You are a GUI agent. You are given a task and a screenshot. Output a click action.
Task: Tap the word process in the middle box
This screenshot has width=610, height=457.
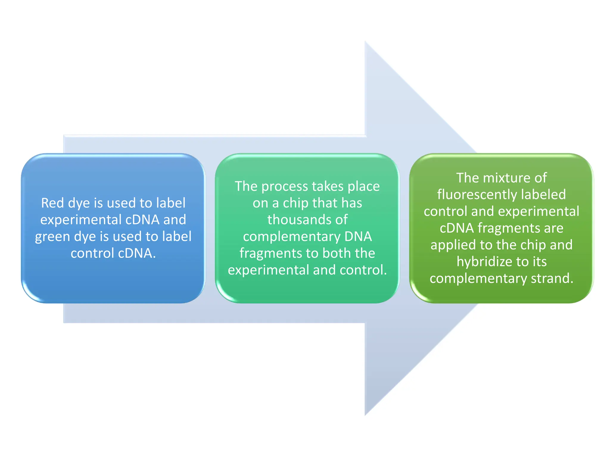(284, 187)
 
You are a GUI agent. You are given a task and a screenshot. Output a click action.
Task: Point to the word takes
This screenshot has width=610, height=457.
(327, 186)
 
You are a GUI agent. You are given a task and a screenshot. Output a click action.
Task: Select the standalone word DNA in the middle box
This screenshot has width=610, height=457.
(358, 237)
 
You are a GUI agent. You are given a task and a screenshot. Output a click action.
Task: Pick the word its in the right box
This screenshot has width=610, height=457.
(539, 262)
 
